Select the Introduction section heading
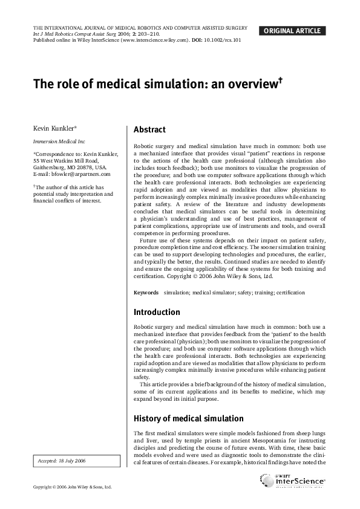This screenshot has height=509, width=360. click(x=157, y=313)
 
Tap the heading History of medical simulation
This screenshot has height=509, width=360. click(x=188, y=419)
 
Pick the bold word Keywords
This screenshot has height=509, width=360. click(x=146, y=293)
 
